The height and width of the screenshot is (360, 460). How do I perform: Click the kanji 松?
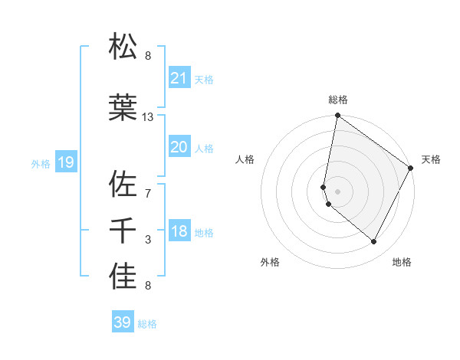123,47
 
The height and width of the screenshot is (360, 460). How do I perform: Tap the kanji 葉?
123,108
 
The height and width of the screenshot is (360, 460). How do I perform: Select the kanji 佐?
123,185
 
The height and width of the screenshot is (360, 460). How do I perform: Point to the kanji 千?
123,231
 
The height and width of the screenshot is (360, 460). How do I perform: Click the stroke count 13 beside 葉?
148,117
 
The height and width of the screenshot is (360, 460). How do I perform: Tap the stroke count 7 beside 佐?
148,193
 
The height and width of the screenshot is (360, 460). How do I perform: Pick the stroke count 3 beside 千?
148,240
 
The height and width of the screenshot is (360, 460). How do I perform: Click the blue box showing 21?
179,78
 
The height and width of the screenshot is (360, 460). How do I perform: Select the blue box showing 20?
179,147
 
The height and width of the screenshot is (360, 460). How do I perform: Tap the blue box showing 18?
179,231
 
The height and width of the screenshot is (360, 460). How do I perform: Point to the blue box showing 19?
65,162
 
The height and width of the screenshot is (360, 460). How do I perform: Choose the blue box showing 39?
123,322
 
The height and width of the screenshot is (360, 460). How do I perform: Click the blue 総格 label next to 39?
147,324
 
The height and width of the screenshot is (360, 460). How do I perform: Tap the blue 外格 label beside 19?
41,163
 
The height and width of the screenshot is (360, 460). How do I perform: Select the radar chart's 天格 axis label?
431,159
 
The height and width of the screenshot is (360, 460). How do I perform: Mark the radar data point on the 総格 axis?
337,116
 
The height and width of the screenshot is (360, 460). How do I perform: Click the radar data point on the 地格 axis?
374,242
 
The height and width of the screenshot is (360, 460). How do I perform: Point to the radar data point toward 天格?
412,169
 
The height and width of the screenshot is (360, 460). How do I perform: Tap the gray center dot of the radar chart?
337,191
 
